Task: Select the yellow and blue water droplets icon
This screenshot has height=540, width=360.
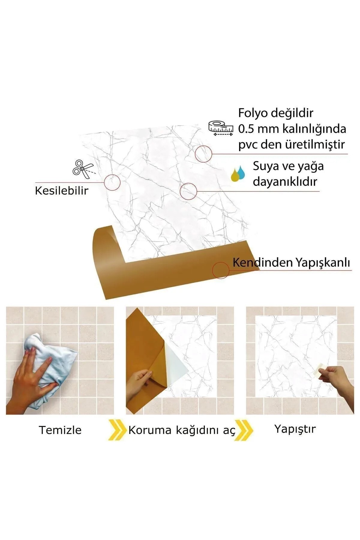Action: [x=238, y=174]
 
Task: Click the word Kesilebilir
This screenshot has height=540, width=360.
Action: [x=61, y=190]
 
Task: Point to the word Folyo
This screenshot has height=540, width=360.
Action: [x=254, y=113]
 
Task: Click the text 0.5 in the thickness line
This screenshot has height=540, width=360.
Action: [x=246, y=129]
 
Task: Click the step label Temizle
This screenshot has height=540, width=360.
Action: [x=60, y=430]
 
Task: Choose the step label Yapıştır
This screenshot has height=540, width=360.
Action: [x=295, y=429]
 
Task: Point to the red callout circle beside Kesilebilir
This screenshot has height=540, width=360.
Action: [x=112, y=182]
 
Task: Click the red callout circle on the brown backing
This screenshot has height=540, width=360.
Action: [x=220, y=270]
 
